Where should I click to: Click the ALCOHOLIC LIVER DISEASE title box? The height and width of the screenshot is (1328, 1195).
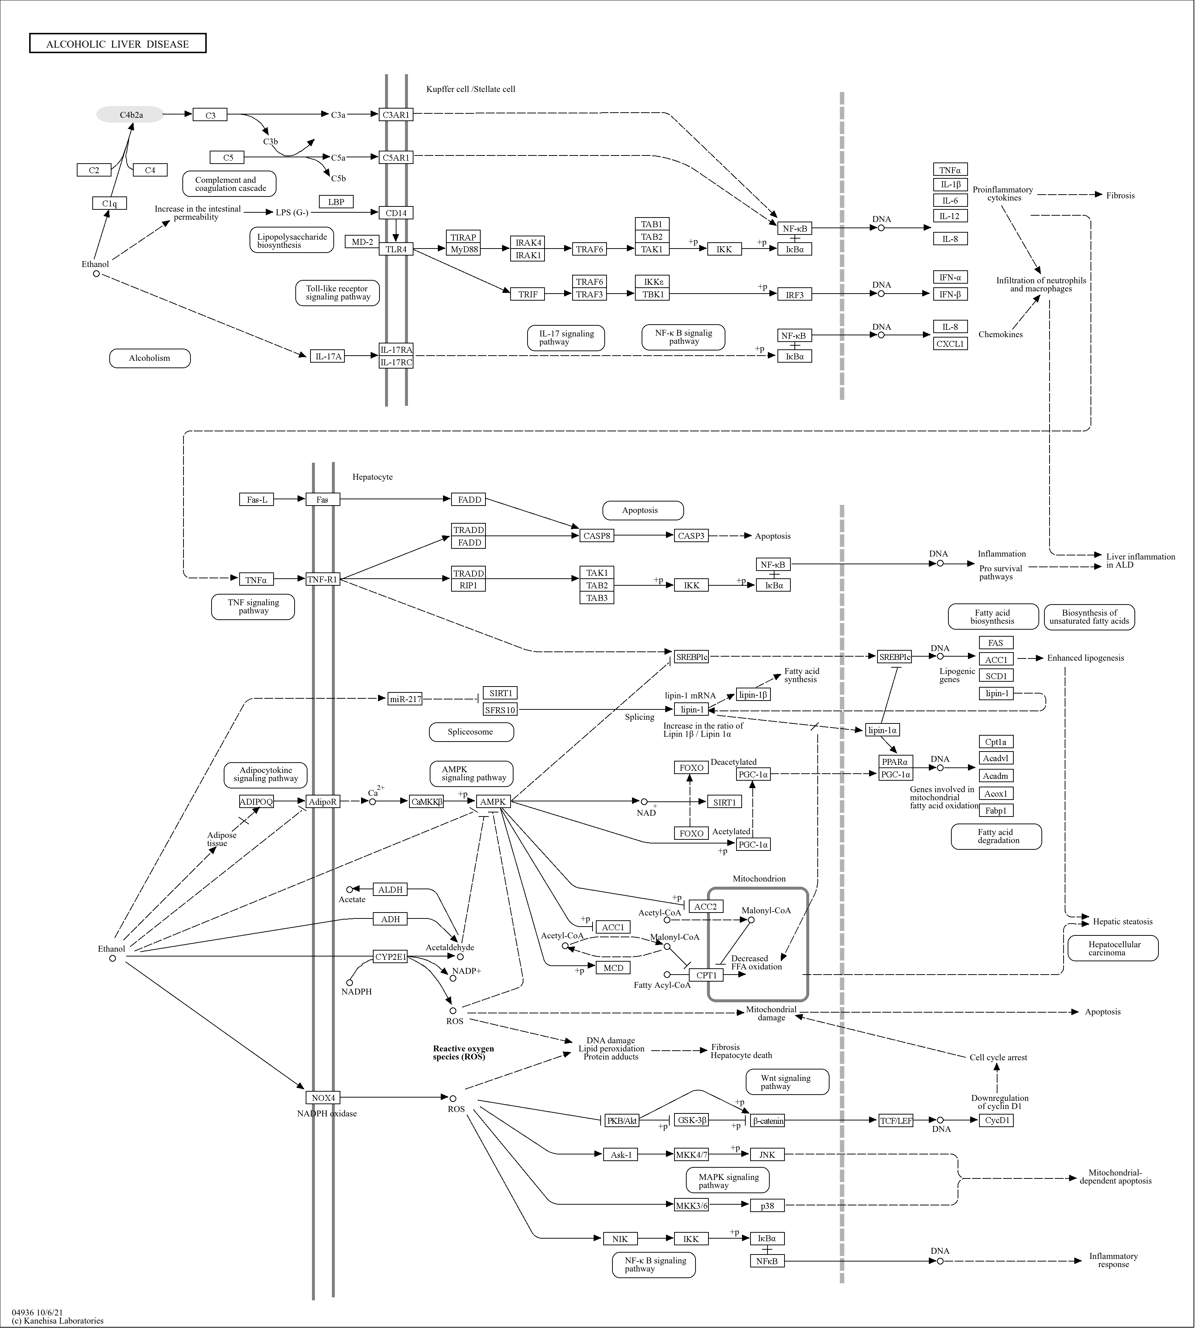point(117,43)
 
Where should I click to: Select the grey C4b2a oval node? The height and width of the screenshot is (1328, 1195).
point(131,115)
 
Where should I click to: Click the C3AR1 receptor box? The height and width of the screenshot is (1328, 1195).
point(396,115)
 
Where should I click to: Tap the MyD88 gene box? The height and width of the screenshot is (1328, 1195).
point(464,250)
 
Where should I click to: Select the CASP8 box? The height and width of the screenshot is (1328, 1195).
point(596,536)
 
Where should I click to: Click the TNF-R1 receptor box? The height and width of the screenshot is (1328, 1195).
point(322,579)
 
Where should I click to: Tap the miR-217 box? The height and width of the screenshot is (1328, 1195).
point(405,699)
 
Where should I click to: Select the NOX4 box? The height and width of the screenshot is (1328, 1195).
point(323,1098)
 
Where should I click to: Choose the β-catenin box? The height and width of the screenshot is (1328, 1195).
point(768,1120)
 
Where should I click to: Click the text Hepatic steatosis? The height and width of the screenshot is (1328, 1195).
point(1122,921)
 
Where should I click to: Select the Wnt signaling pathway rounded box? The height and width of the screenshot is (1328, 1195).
point(787,1082)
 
